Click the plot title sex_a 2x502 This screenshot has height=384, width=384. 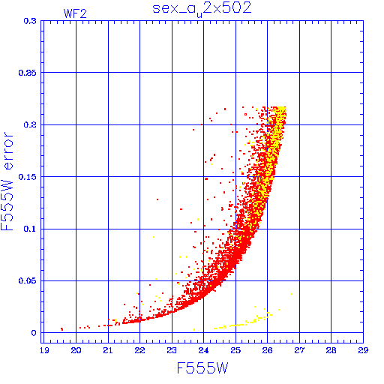click(x=202, y=9)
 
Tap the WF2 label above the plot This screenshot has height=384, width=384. click(x=75, y=13)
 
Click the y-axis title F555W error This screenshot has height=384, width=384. click(x=7, y=181)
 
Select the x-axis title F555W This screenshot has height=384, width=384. click(x=202, y=368)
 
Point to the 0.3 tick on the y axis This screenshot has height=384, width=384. click(x=30, y=21)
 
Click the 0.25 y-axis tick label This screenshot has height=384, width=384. click(x=28, y=73)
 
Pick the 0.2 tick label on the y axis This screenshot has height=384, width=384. click(x=30, y=124)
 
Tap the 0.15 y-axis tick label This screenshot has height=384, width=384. click(x=28, y=177)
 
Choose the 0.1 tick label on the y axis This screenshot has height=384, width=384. click(x=30, y=229)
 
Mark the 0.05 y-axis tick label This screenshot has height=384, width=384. click(x=28, y=280)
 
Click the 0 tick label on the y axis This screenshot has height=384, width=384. click(x=34, y=333)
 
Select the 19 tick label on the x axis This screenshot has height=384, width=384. click(x=44, y=350)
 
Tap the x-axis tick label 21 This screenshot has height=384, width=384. click(x=108, y=350)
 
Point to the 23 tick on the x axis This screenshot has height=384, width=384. click(x=172, y=350)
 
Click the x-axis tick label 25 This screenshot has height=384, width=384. click(x=235, y=350)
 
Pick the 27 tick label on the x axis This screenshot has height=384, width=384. click(x=299, y=350)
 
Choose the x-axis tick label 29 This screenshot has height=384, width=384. click(x=363, y=350)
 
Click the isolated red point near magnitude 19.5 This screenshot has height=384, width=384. click(x=61, y=329)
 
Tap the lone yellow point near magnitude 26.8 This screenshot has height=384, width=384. click(x=292, y=294)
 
